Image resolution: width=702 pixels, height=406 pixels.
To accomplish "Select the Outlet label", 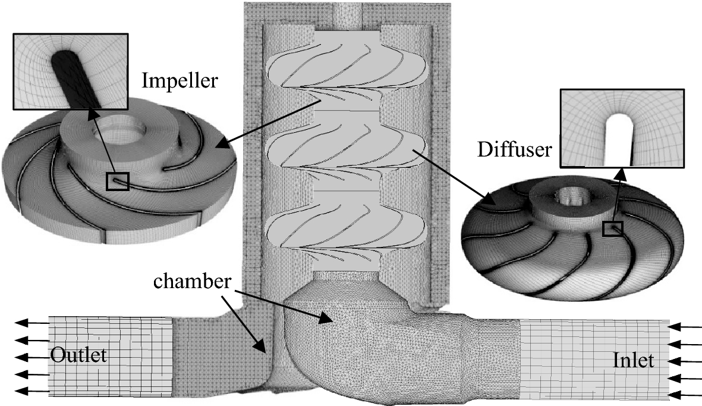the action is click(78, 356).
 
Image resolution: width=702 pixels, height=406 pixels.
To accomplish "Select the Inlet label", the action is click(634, 360).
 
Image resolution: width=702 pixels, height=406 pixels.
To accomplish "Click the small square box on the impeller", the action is click(117, 181).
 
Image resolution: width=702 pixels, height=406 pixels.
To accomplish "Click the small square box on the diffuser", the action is click(612, 229).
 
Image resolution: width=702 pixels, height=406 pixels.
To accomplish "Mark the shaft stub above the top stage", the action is click(348, 15).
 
